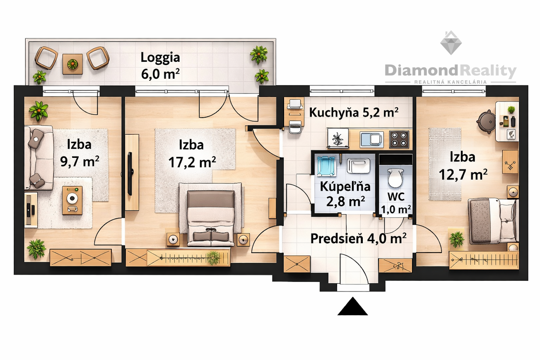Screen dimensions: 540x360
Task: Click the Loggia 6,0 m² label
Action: (x=160, y=65)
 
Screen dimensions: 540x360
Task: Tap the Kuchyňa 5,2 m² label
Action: (x=354, y=112)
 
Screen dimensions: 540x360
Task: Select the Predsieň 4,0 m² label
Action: (x=358, y=238)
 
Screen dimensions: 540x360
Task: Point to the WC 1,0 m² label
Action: (x=396, y=203)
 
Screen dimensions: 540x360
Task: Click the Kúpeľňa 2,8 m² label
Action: (x=345, y=194)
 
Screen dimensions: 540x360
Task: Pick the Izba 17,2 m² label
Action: (x=192, y=153)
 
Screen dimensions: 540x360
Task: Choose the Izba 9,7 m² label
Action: (x=80, y=153)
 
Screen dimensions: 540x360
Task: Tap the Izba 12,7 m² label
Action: (x=463, y=166)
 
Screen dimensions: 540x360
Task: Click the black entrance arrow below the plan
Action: (x=352, y=306)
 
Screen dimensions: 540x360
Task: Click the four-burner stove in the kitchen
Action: (x=399, y=139)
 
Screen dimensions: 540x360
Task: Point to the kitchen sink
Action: (x=372, y=139)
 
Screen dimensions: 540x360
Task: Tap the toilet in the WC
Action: (x=395, y=177)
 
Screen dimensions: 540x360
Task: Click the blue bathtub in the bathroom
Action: (x=326, y=166)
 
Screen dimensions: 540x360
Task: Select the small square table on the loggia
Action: (x=72, y=64)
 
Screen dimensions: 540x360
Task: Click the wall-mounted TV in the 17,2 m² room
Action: (x=130, y=173)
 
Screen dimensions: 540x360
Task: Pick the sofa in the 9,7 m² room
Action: (x=39, y=157)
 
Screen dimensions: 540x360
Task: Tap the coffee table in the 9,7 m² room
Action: (x=72, y=200)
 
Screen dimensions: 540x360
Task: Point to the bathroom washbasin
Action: (x=359, y=166)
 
